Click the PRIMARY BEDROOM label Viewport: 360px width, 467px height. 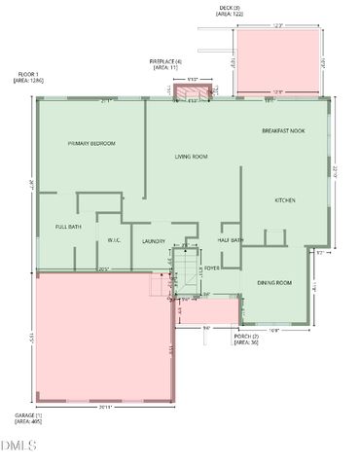point(91,144)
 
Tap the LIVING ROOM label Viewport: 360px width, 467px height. point(192,157)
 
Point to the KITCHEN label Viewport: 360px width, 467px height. point(285,200)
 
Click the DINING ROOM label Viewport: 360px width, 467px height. point(274,282)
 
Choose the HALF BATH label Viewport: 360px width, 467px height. point(231,240)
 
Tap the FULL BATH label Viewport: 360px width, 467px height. point(68,227)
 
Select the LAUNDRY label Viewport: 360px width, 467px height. point(154,241)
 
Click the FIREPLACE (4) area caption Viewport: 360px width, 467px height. point(165,64)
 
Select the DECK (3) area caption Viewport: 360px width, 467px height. point(229,12)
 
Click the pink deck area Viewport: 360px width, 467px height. point(278,57)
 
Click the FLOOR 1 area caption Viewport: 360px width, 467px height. point(28,79)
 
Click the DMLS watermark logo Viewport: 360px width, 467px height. point(18,446)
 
